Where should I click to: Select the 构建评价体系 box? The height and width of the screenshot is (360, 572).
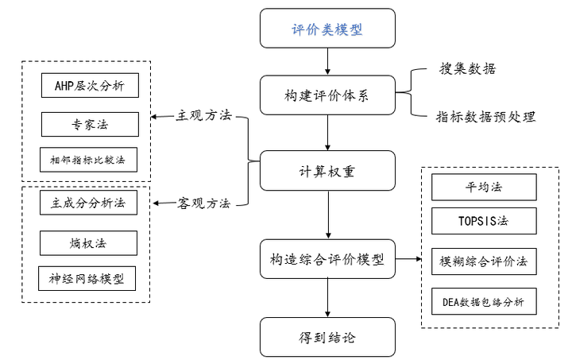click(x=327, y=96)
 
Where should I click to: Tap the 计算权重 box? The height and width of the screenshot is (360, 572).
click(x=327, y=170)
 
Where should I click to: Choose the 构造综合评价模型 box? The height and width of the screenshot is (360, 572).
click(x=327, y=259)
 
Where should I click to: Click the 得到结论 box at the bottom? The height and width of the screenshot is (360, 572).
click(x=327, y=337)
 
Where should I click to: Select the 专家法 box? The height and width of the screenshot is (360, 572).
click(x=88, y=125)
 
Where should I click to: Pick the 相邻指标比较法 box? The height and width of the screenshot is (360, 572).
click(x=88, y=160)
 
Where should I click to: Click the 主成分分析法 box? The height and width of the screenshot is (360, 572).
click(x=88, y=203)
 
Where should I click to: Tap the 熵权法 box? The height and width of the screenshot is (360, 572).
click(x=88, y=242)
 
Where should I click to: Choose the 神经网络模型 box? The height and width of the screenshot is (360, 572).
click(x=88, y=279)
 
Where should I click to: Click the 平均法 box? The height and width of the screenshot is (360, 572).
click(x=483, y=188)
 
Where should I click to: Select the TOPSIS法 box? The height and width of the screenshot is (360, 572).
click(x=483, y=221)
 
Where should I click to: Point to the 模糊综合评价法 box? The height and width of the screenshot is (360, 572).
click(x=483, y=261)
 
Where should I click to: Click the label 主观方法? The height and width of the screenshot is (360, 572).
click(x=203, y=116)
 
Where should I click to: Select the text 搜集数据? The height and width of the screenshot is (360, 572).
click(x=468, y=69)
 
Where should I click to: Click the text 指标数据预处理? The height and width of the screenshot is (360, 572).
click(x=485, y=117)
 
